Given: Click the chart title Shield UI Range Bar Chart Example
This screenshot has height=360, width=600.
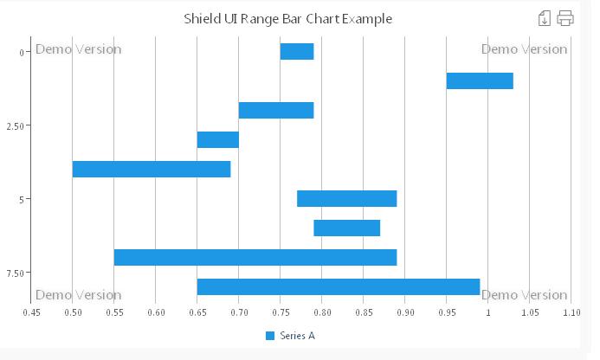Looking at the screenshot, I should (287, 18).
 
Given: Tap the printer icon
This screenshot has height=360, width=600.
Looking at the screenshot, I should (565, 18).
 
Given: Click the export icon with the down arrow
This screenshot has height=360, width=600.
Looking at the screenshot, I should (545, 18).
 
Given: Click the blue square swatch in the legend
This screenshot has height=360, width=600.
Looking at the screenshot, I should (269, 335).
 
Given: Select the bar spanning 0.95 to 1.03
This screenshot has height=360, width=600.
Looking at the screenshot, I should (480, 81).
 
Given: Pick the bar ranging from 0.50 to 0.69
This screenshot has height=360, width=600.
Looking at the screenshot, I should (152, 170).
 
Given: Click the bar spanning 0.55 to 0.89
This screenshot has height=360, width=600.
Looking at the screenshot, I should (255, 258).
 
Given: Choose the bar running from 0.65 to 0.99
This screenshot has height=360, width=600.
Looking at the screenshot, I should (339, 287).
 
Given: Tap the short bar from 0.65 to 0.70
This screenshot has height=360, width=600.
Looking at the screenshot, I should (217, 140).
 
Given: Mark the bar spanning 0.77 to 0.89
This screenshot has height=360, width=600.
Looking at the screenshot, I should (346, 199).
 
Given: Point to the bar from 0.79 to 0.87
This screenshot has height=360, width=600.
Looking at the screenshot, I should (346, 228).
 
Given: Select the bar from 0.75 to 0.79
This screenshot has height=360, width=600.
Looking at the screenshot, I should (297, 52).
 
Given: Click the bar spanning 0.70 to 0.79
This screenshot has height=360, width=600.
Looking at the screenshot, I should (276, 111).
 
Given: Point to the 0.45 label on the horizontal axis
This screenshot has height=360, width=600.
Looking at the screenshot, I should (31, 312).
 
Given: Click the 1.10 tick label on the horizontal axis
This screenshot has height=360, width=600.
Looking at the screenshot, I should (571, 312).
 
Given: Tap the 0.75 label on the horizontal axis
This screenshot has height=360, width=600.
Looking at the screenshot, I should (281, 312).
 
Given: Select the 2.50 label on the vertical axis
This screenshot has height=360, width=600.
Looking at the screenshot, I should (15, 126).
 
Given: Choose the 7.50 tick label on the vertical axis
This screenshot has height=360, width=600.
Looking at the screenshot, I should (15, 273).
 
